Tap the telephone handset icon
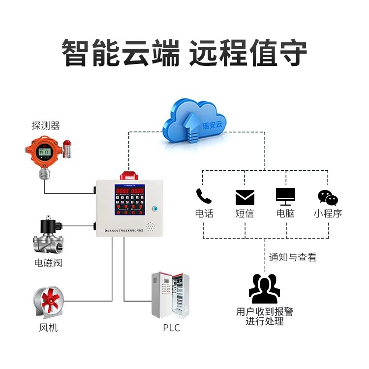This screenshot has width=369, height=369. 203,196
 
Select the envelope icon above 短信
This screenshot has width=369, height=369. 245,197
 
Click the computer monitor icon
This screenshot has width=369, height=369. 285,196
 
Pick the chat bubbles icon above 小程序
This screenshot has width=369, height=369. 328,197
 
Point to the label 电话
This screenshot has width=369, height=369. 204,214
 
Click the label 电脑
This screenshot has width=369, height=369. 285,214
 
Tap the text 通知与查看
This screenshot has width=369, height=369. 292,257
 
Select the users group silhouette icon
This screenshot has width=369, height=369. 264,289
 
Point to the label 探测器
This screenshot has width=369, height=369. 46,126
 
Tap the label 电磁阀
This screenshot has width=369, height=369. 48,263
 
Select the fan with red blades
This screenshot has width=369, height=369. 49,302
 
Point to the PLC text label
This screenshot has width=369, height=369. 171,328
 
